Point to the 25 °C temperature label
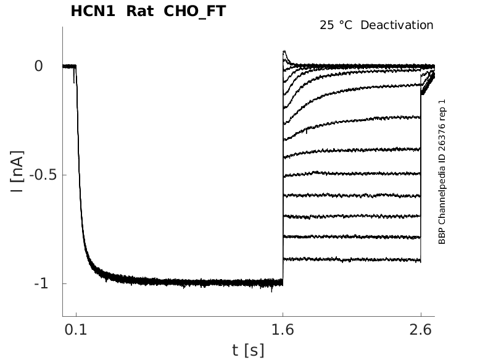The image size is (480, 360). point(337,25)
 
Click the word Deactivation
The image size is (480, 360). point(397,25)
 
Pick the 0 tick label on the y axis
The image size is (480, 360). point(38,65)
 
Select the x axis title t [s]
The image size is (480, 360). point(248,350)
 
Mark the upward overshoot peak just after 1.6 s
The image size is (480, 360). point(284,52)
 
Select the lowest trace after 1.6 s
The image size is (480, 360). point(352,259)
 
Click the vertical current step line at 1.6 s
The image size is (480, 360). point(283,185)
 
